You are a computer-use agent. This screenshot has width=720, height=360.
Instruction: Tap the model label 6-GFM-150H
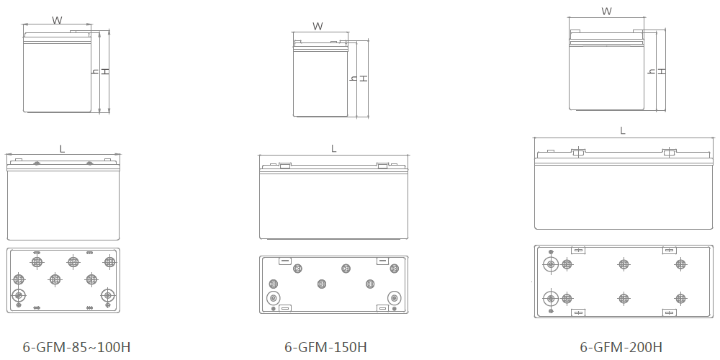[x=325, y=347]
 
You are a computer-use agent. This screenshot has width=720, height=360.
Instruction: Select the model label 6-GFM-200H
[x=621, y=347]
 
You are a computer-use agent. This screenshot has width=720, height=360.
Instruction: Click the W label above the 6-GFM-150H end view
[x=318, y=26]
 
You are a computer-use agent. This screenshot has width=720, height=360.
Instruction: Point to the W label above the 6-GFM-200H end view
[x=606, y=12]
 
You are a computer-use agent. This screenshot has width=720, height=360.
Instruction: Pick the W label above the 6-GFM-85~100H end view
[x=57, y=20]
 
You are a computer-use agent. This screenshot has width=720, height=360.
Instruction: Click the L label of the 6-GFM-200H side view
[x=623, y=131]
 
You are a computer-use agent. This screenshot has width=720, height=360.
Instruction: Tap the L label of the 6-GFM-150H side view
[x=334, y=149]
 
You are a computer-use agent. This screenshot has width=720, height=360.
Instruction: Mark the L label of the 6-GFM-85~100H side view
[x=62, y=149]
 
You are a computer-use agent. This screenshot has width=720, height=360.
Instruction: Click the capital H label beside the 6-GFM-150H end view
[x=363, y=78]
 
